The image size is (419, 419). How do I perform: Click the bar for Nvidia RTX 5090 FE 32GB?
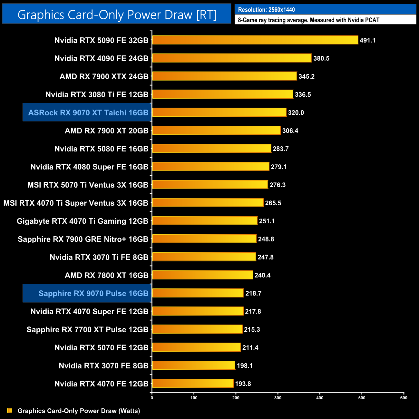[x=255, y=40]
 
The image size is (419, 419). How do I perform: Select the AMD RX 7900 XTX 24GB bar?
[x=224, y=76]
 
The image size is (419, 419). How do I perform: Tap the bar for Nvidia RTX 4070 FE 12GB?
[x=192, y=383]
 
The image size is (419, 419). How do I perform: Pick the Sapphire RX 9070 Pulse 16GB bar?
[x=198, y=293]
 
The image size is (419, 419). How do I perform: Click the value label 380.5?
[x=321, y=58]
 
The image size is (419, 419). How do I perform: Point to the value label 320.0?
[x=296, y=112]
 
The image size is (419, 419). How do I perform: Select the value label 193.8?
[x=243, y=384]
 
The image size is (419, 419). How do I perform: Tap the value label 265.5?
[x=273, y=203]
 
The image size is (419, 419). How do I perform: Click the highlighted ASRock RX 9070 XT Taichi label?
[x=88, y=112]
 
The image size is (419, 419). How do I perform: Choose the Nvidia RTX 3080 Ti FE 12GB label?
[x=97, y=94]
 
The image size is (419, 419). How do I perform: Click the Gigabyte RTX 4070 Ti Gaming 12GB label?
[x=82, y=221]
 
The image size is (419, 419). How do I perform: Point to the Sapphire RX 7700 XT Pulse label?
[x=87, y=329]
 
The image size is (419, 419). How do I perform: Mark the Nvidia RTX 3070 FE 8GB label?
[x=103, y=365]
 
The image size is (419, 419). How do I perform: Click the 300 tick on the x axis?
[x=278, y=398]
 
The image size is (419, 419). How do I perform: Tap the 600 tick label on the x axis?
[x=404, y=398]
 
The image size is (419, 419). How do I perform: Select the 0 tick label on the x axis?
[x=152, y=398]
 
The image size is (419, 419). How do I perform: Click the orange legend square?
[x=10, y=410]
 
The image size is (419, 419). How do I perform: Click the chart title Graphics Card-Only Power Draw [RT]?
[x=117, y=15]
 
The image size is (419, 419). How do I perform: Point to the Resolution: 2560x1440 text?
[x=266, y=10]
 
